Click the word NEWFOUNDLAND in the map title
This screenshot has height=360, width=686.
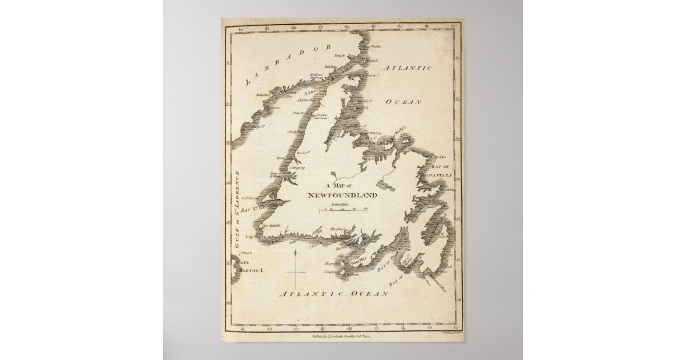click(342, 195)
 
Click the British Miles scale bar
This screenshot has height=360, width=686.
click(343, 210)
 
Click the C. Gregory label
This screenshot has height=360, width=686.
click(296, 168)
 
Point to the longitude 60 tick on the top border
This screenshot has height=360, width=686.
click(242, 26)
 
